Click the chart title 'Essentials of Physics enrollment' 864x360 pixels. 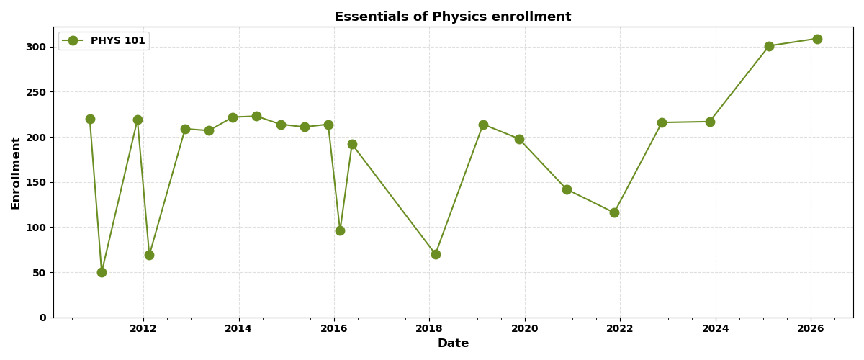point(453,17)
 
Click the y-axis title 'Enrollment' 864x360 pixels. point(16,173)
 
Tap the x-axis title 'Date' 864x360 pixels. point(453,343)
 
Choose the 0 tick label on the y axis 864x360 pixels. point(43,318)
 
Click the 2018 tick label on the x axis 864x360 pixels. point(429,329)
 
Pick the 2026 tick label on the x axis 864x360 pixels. point(811,329)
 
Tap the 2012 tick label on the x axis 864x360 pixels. point(143,329)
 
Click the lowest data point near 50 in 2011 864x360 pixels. point(102,272)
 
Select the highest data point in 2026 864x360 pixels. point(817,39)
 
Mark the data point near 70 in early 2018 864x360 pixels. point(436,254)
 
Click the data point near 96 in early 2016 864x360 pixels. point(340,230)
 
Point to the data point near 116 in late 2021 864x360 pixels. point(614,212)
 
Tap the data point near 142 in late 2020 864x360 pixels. point(567,189)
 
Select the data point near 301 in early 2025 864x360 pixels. point(769,46)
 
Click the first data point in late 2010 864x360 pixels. point(90,119)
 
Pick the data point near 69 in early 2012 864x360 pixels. point(149,255)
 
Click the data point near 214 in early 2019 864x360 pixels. point(483,125)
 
